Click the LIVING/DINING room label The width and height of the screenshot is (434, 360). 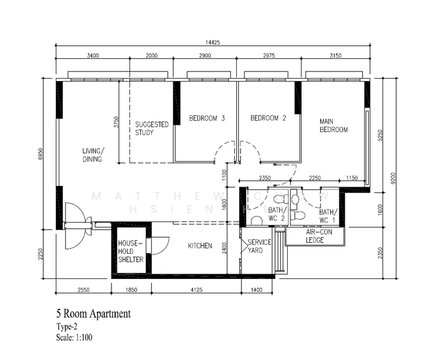(x=93, y=155)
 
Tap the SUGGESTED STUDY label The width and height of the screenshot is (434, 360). (x=151, y=128)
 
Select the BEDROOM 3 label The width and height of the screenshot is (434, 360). (x=207, y=118)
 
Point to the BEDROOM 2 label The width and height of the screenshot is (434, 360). (x=268, y=118)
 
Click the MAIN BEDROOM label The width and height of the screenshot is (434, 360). (x=333, y=125)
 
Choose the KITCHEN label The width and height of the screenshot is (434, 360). (x=200, y=245)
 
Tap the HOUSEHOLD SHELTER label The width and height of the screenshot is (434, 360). (x=130, y=251)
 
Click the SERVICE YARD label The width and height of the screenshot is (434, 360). (x=260, y=246)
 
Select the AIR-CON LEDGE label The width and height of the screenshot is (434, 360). (x=315, y=236)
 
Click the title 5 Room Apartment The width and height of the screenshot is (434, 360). (x=92, y=314)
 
